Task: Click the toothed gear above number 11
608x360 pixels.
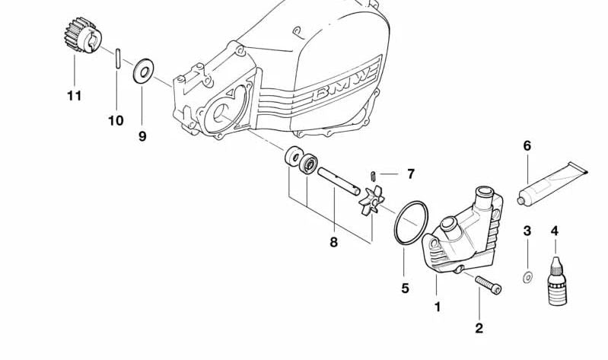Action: (82, 35)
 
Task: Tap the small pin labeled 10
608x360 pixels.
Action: (117, 58)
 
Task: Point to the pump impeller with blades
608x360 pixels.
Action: (371, 199)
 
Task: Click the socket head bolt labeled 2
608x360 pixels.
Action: (489, 285)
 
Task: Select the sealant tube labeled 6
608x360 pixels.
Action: (552, 183)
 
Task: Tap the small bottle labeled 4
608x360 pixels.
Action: (557, 282)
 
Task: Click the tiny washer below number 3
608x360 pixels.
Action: (527, 277)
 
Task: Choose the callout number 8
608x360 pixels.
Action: (333, 243)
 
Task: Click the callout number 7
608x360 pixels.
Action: (411, 174)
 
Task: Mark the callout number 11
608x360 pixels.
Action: (74, 95)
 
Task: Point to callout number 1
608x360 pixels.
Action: (438, 307)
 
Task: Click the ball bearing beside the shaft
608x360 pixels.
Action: (308, 164)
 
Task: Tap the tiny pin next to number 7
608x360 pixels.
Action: (373, 176)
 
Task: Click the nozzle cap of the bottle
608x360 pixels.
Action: (556, 264)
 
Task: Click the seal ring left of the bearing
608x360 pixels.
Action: (294, 156)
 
